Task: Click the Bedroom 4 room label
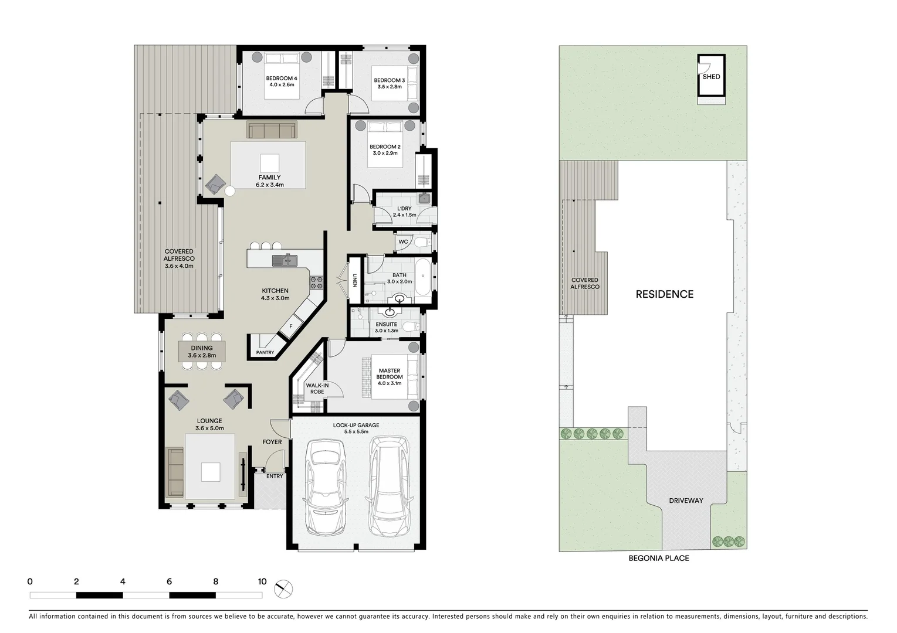[282, 78]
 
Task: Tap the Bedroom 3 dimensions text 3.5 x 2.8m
[389, 87]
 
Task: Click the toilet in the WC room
[421, 241]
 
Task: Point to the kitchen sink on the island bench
[285, 260]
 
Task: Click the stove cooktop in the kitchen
[316, 283]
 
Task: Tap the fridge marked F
[290, 326]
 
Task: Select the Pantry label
[265, 352]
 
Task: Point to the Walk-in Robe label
[317, 388]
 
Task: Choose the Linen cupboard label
[355, 281]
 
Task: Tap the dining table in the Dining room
[202, 351]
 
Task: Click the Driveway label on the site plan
[686, 501]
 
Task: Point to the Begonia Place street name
[658, 558]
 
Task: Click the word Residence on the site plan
[664, 294]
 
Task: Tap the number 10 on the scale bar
[262, 581]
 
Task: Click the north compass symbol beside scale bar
[283, 588]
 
